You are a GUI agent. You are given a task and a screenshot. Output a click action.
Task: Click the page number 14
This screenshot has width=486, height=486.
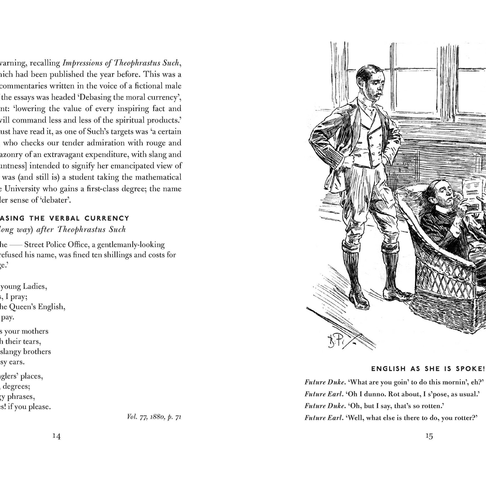(56, 436)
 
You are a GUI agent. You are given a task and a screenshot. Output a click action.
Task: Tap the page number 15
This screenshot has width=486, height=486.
(429, 436)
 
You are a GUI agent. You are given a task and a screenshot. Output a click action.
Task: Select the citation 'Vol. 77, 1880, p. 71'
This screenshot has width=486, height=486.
(154, 417)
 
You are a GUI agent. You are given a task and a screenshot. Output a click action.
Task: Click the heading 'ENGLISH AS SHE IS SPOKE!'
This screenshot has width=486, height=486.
(428, 369)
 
